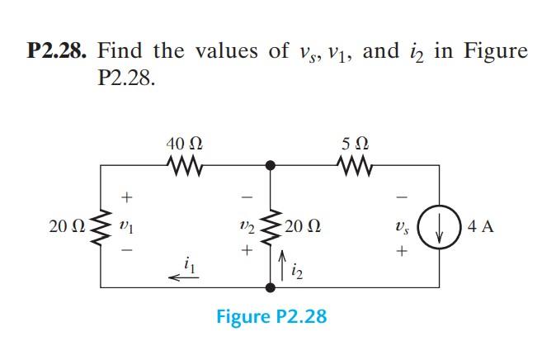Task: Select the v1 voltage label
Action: [x=125, y=225]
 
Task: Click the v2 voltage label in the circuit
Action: [x=243, y=225]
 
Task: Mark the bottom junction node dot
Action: [x=269, y=287]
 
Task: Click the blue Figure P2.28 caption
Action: [x=271, y=316]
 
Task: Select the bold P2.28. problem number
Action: [x=59, y=51]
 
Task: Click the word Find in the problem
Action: [x=124, y=51]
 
